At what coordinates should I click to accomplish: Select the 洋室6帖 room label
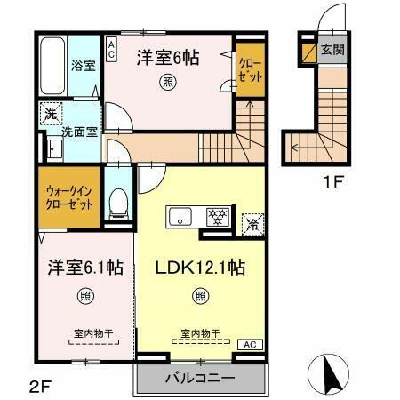pos(167,57)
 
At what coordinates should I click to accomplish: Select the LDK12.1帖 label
pos(202,267)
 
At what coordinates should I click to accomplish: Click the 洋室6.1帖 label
pos(85,267)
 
